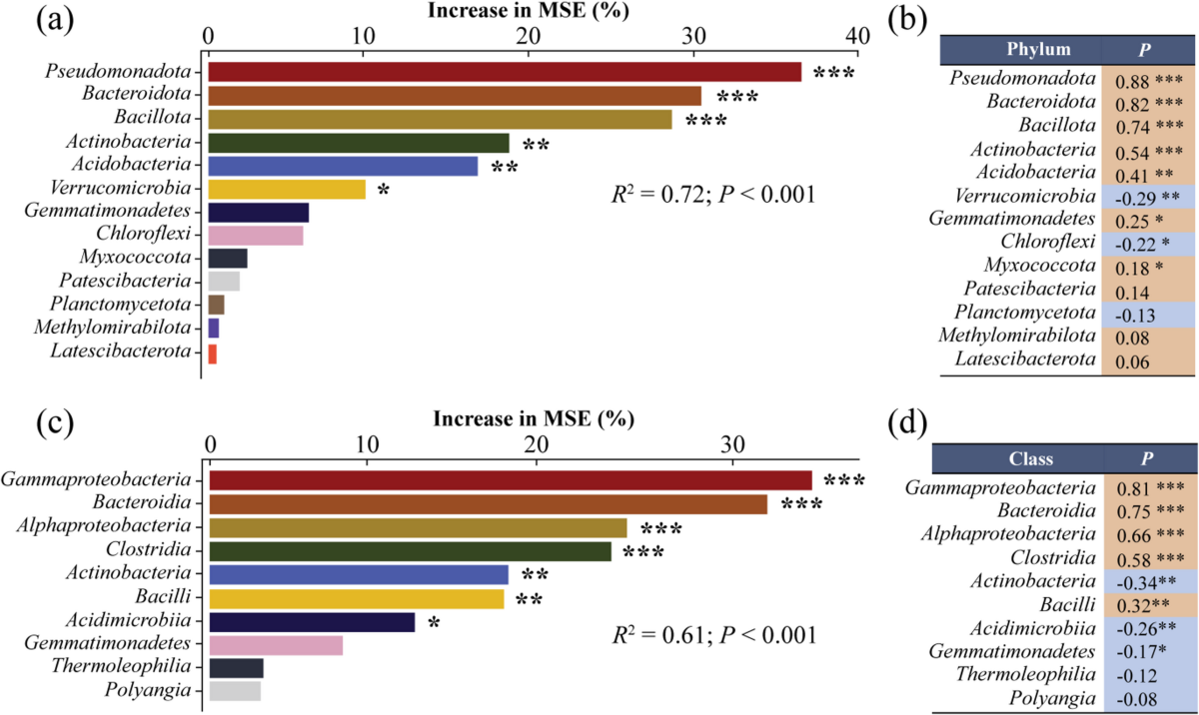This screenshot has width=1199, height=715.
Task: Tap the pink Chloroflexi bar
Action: click(x=256, y=236)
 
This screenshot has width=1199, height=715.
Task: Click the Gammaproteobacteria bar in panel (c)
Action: click(x=511, y=480)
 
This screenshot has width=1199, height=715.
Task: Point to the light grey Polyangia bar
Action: click(x=235, y=690)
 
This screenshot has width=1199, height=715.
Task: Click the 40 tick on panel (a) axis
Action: click(x=856, y=35)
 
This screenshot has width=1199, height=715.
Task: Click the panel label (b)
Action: click(x=910, y=22)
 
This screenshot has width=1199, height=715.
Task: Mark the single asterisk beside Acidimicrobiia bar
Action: click(x=434, y=623)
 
